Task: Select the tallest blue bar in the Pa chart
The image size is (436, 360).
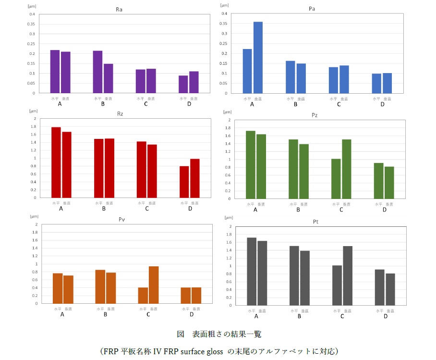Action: click(258, 57)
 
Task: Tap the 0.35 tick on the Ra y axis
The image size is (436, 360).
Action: click(32, 24)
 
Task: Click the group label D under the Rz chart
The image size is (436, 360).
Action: click(190, 209)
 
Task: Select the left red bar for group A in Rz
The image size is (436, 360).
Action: click(56, 162)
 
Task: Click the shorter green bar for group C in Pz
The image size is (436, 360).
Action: click(336, 178)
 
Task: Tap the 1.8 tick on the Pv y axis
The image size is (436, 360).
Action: click(35, 232)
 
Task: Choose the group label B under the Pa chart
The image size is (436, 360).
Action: click(295, 104)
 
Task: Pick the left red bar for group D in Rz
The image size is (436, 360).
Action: click(184, 182)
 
